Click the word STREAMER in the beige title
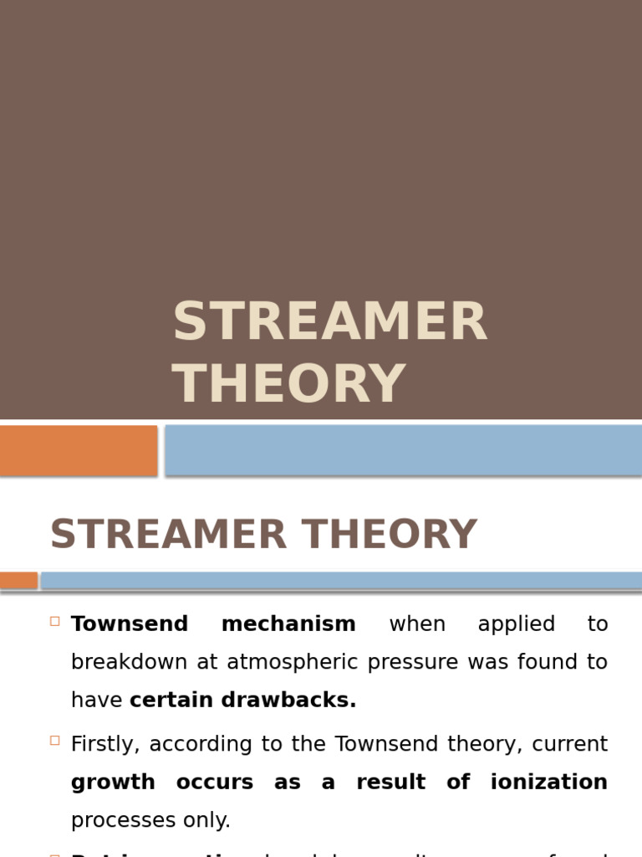[329, 322]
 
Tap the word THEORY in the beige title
[289, 384]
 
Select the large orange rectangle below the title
[78, 450]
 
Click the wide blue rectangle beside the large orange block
[403, 450]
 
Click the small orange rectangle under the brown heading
[18, 580]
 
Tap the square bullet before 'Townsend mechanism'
[55, 621]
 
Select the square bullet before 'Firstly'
[55, 741]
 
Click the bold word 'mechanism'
[289, 624]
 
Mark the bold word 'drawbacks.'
[288, 700]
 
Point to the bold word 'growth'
[113, 783]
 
